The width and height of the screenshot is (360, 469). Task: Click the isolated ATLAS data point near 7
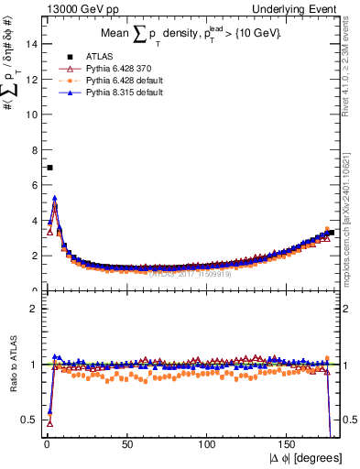(x=49, y=168)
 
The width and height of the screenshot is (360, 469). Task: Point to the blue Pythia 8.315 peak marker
(x=55, y=198)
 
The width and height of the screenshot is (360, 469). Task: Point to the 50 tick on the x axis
(x=126, y=442)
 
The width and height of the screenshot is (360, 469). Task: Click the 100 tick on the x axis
(x=208, y=442)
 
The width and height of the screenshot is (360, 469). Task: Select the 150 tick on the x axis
(x=289, y=442)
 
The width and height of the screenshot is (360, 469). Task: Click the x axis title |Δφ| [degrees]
(x=306, y=457)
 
